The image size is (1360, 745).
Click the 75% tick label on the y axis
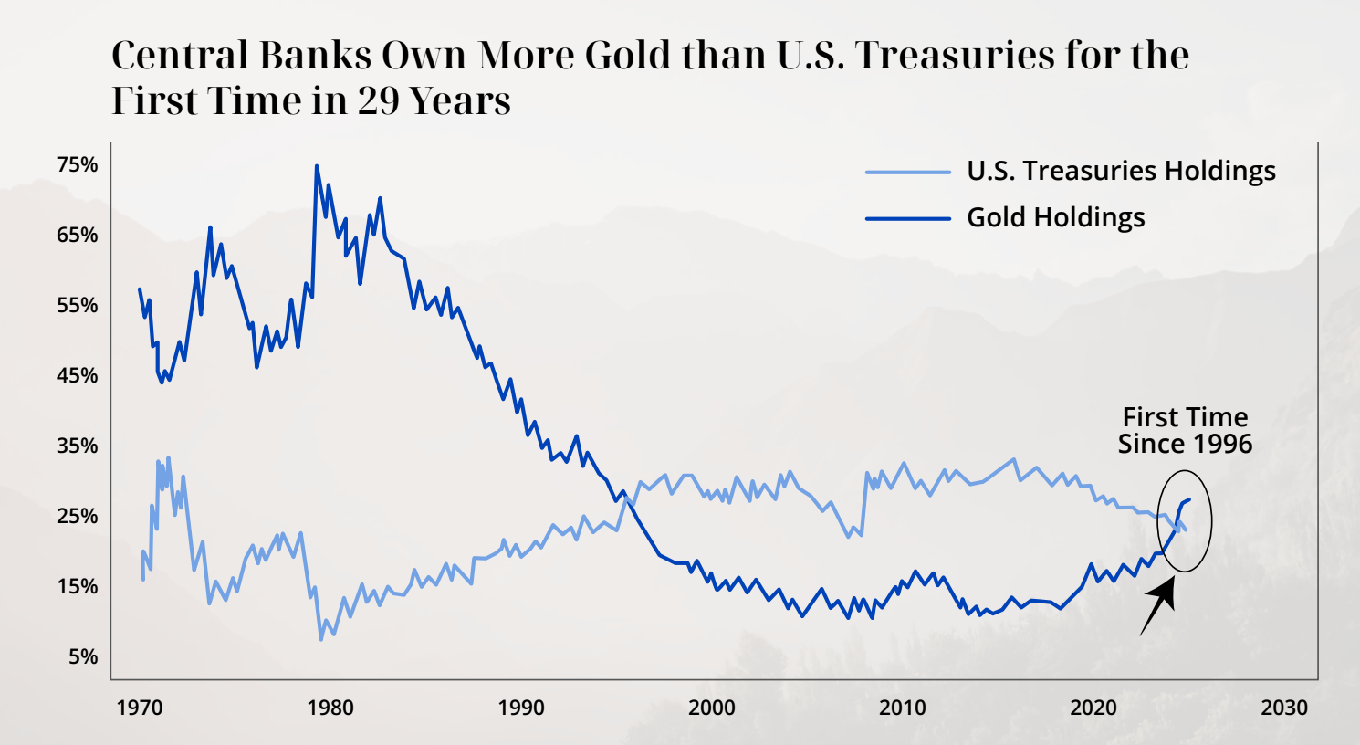(77, 165)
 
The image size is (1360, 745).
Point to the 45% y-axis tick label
(77, 376)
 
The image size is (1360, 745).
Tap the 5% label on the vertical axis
(82, 657)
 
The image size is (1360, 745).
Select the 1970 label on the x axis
(140, 708)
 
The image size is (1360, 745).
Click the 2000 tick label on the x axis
(712, 708)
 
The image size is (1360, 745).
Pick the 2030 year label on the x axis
(1284, 708)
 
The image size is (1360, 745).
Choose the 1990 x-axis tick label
(521, 708)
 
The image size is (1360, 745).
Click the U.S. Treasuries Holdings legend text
(1121, 172)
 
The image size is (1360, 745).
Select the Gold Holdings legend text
(1055, 218)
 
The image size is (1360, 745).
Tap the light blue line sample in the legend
(907, 172)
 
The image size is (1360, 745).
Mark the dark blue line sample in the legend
(907, 218)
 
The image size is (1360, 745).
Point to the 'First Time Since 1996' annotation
(1185, 431)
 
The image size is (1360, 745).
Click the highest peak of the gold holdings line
(317, 167)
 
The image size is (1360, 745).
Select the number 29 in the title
(379, 101)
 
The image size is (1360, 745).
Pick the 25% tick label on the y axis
(77, 517)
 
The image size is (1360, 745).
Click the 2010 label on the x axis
(903, 708)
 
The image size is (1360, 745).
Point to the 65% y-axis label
(77, 236)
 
